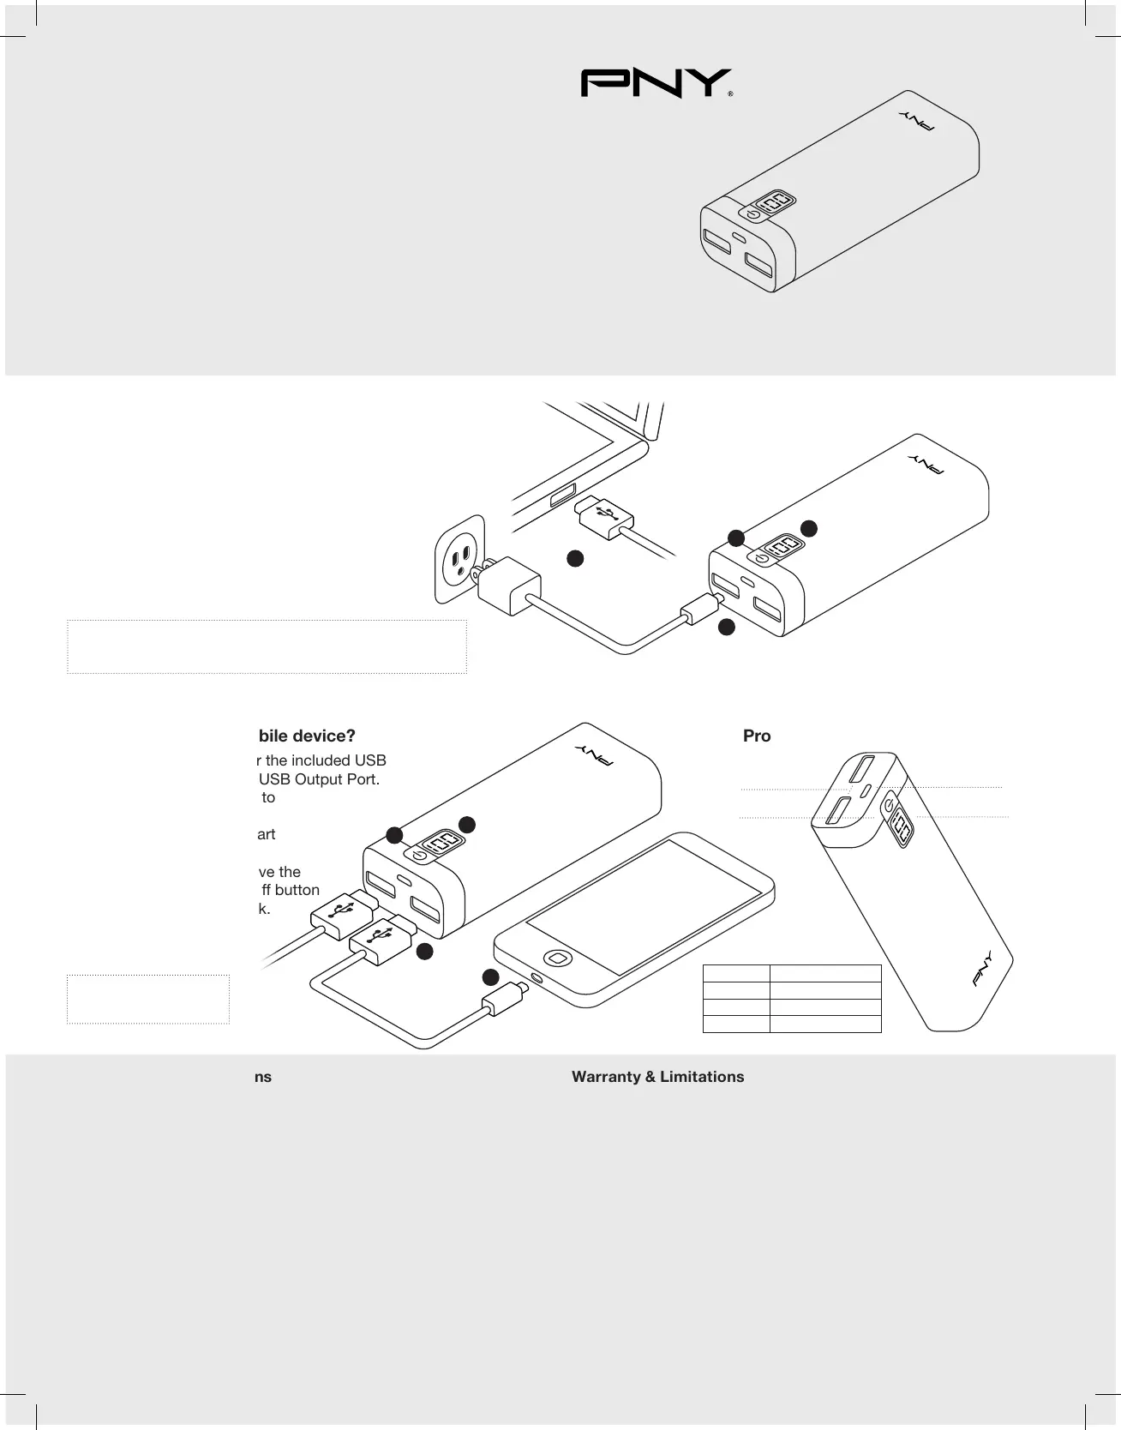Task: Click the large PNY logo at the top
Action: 656,83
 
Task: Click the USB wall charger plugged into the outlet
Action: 508,585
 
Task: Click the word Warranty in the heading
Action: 606,1077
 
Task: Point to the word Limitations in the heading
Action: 702,1077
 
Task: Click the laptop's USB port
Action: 563,496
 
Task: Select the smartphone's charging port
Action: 537,977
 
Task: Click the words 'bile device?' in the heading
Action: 307,736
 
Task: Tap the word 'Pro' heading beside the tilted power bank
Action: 757,736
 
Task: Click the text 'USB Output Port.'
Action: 319,779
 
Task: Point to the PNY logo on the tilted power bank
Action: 983,969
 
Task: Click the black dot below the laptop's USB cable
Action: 575,558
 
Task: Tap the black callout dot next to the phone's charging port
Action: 490,976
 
